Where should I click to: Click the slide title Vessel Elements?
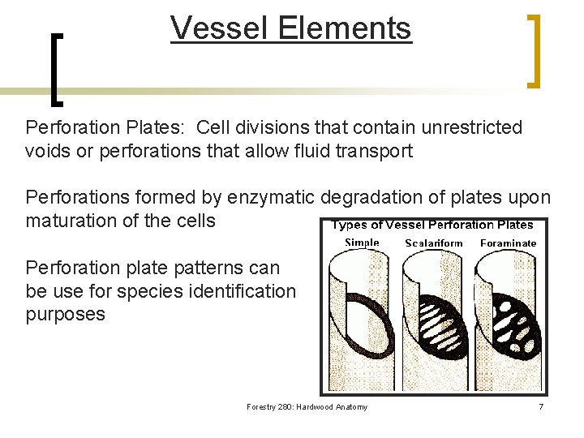291,28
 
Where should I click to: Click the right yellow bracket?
535,49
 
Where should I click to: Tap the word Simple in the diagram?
363,243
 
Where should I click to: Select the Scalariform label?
434,243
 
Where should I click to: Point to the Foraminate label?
509,243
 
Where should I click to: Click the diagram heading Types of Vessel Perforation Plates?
432,225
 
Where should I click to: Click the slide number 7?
541,406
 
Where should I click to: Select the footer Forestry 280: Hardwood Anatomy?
307,406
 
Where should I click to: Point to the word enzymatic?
273,197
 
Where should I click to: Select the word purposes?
65,314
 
